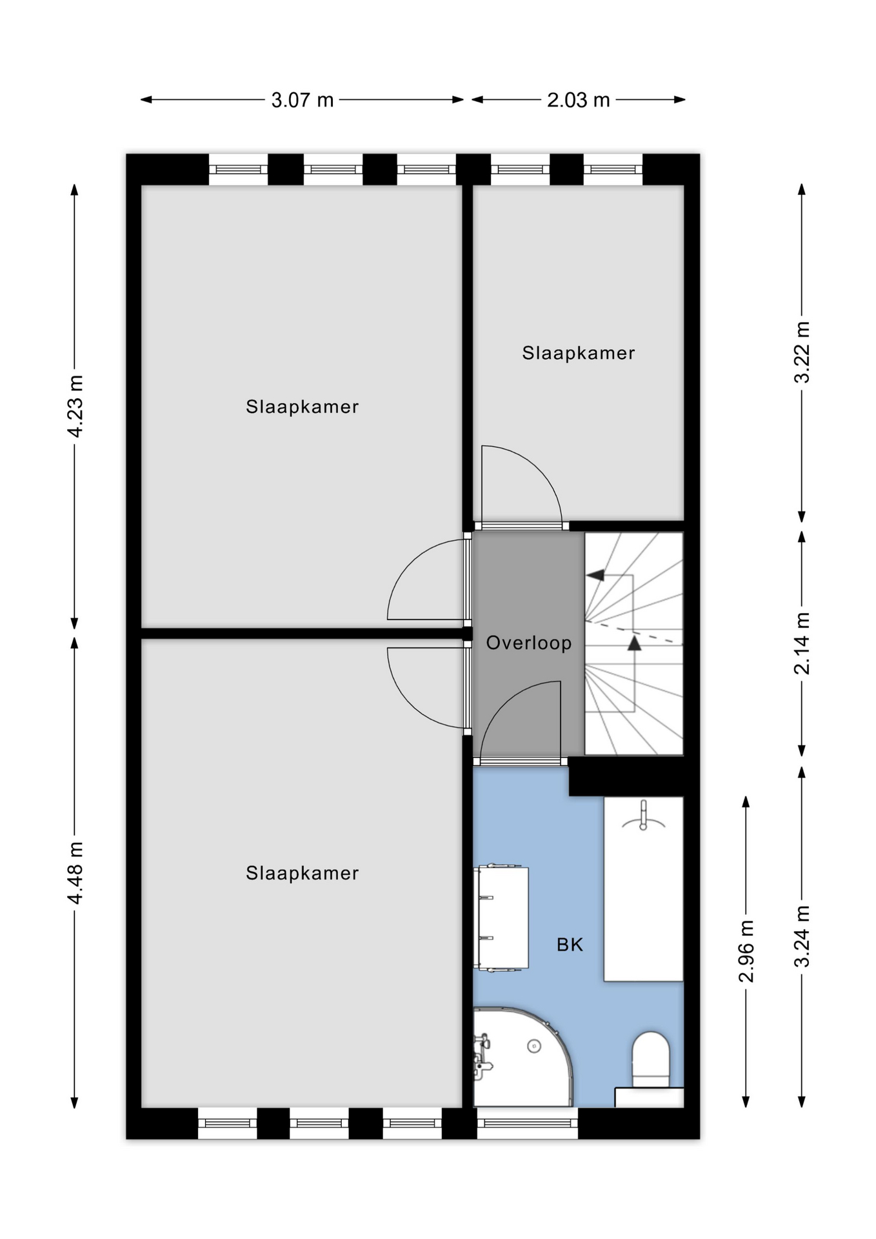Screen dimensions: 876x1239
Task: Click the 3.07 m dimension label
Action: pos(302,100)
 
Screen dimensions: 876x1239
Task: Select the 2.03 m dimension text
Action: pos(578,100)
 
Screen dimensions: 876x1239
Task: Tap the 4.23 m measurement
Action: pos(76,406)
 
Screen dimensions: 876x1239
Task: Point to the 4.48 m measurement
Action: pos(76,872)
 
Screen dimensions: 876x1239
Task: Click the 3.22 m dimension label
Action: pos(802,352)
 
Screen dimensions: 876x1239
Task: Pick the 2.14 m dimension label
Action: pos(802,643)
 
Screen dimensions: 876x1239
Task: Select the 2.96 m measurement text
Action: pos(746,951)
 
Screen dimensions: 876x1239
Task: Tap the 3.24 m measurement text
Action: pos(802,936)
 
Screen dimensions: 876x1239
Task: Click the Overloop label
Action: pos(529,643)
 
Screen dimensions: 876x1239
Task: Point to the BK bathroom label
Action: pos(570,945)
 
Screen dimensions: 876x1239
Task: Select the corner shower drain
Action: pos(534,1046)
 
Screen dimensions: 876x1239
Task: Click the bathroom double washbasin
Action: pos(501,917)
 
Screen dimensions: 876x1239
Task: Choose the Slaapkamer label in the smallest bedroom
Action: pos(579,353)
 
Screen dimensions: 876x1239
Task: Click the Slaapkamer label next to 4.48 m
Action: pos(302,873)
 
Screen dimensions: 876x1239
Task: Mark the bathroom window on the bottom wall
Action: pos(528,1123)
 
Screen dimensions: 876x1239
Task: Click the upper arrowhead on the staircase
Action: pos(595,574)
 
